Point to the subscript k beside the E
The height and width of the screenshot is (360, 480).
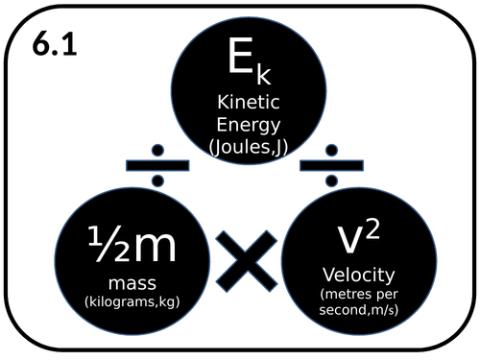coord(252,75)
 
